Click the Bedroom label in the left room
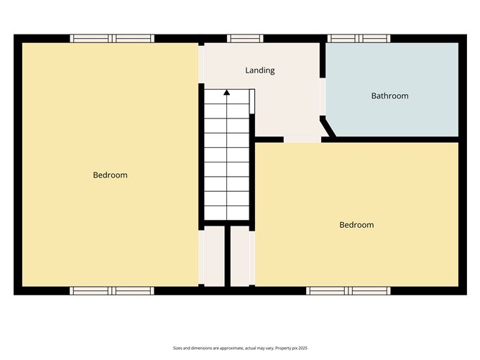tap(110, 175)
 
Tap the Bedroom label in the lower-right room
tap(356, 225)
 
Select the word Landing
tap(259, 70)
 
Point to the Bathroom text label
tap(389, 96)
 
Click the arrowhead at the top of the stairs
tap(227, 92)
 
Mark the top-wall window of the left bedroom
tap(111, 39)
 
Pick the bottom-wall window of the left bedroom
tap(111, 290)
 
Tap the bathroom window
tap(359, 39)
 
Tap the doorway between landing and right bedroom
tap(302, 139)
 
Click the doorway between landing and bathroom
tap(323, 97)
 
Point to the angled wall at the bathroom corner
tap(329, 126)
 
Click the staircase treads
tap(227, 158)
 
